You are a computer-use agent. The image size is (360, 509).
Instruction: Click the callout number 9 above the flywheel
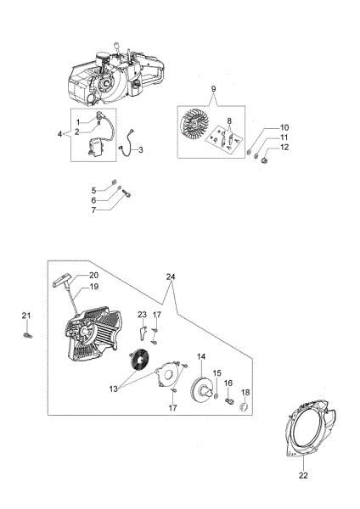[214, 88]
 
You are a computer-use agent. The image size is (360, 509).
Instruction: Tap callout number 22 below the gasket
[304, 476]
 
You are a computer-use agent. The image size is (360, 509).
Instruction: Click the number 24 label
[171, 276]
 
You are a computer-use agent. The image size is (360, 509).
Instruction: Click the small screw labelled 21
[26, 337]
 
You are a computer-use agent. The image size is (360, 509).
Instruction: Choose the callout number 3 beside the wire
[141, 150]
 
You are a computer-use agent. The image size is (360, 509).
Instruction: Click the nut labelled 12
[265, 158]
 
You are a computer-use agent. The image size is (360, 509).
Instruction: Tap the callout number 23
[142, 315]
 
